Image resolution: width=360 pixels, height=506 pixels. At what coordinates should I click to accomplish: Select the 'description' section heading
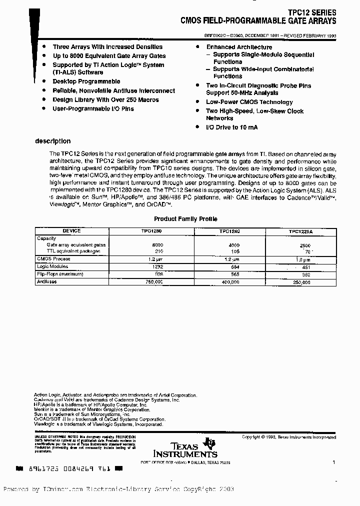(52, 141)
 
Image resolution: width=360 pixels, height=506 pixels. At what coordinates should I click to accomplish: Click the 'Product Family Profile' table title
(185, 219)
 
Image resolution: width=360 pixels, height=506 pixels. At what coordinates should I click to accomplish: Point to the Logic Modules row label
(52, 266)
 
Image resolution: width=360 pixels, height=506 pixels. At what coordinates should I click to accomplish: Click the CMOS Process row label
(53, 259)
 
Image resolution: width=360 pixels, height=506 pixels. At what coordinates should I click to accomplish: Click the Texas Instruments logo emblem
(212, 442)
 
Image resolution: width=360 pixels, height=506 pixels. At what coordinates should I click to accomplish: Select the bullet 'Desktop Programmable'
(86, 81)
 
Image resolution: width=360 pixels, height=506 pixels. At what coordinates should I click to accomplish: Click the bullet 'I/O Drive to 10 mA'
(231, 127)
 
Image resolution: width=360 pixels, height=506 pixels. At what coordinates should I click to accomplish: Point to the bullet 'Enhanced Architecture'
(239, 47)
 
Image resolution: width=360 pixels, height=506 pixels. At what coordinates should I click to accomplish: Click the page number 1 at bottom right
(333, 463)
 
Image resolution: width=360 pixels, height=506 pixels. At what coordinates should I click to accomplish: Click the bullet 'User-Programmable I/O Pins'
(93, 108)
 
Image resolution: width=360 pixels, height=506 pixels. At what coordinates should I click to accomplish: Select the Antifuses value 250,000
(299, 282)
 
